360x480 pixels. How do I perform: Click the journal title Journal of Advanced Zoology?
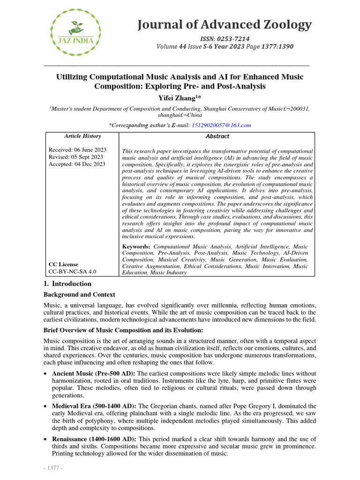pos(224,24)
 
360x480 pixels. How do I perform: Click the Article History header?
pos(82,136)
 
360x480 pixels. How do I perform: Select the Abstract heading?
pos(217,136)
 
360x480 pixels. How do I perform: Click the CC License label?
pos(63,264)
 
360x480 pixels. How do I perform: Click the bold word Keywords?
pos(136,247)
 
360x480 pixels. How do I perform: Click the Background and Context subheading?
pos(79,294)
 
